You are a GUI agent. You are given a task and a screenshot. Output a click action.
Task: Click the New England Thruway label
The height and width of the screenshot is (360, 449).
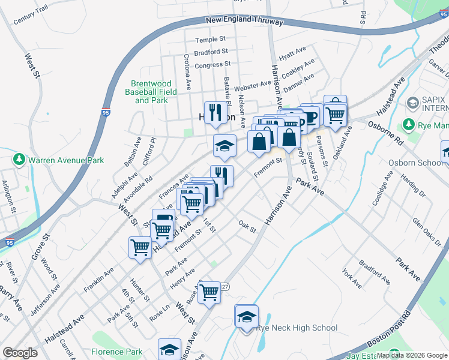pyautogui.click(x=244, y=21)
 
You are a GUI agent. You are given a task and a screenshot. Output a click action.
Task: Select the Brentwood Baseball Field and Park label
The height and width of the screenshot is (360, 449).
pyautogui.click(x=151, y=92)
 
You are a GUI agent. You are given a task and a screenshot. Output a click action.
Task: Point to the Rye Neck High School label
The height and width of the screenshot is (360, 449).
pyautogui.click(x=288, y=328)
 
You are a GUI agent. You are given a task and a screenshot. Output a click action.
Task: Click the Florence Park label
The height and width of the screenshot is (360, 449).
pyautogui.click(x=117, y=352)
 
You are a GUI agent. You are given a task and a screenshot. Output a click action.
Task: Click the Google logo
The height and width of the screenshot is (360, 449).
pyautogui.click(x=20, y=353)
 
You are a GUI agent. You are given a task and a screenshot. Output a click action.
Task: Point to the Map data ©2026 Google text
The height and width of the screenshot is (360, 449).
pyautogui.click(x=412, y=355)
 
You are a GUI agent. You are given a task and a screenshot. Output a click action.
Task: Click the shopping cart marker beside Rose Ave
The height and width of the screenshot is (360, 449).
pyautogui.click(x=209, y=292)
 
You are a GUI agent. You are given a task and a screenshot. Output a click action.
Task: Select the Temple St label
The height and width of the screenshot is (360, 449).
pyautogui.click(x=210, y=40)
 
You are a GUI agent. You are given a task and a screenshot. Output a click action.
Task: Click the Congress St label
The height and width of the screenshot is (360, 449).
pyautogui.click(x=212, y=64)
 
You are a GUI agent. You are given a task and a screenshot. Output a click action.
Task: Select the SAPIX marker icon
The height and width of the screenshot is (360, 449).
pyautogui.click(x=412, y=104)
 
